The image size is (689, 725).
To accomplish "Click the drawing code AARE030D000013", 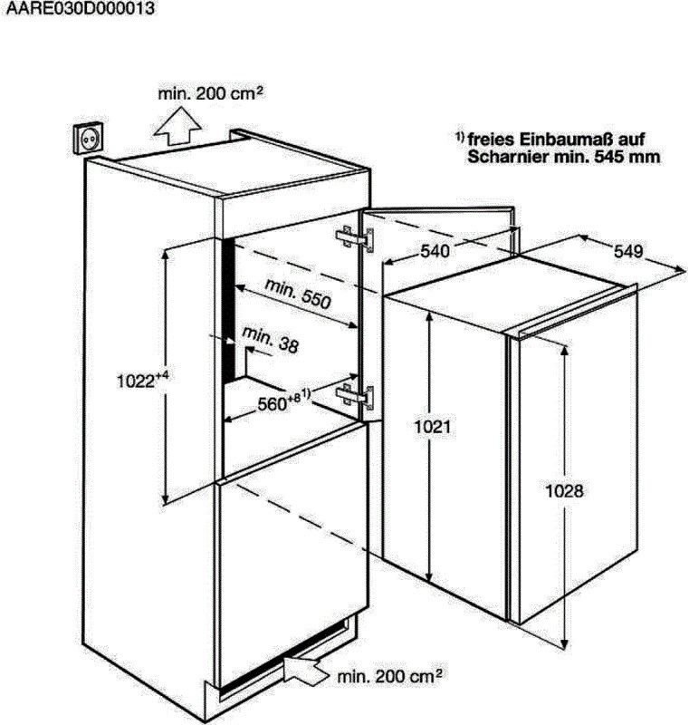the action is (81, 8).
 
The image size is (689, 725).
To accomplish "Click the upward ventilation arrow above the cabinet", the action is (177, 126).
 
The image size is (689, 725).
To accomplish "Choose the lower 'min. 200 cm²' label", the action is (389, 676).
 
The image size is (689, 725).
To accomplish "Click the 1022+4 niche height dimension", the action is (142, 380).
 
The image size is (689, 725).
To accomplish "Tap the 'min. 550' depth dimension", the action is (298, 294).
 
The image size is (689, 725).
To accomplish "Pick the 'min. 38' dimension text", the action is (271, 340).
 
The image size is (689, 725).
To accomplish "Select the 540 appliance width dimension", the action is (435, 251).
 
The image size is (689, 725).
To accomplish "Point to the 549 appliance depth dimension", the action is (628, 251).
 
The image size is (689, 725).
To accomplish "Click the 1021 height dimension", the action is (432, 427).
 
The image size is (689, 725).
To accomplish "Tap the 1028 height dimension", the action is (564, 490).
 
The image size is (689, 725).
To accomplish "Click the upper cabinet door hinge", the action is (355, 238).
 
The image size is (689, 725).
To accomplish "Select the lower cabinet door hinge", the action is (355, 397).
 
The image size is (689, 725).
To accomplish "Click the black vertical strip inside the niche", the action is (228, 310).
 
